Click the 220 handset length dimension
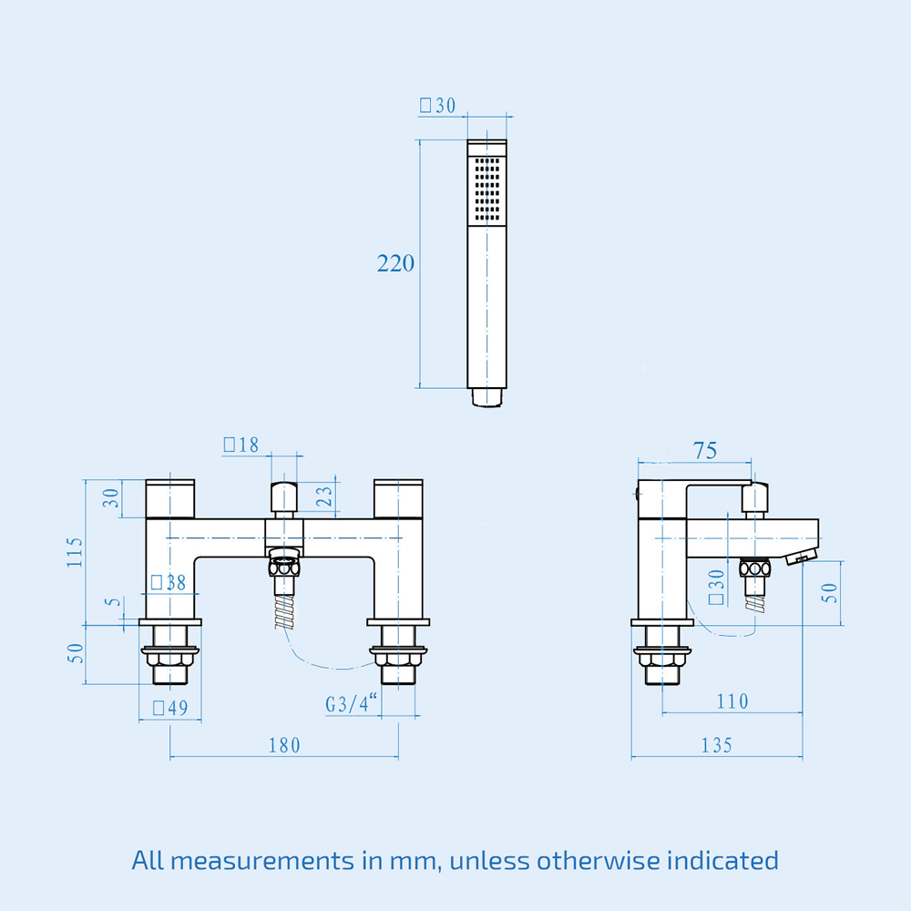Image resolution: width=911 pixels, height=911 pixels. (x=395, y=264)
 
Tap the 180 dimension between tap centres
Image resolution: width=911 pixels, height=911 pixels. (x=283, y=745)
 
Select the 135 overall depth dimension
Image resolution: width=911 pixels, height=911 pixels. (x=716, y=745)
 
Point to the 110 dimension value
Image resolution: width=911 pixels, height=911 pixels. (x=732, y=701)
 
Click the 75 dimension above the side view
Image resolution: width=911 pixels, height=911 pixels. (x=704, y=450)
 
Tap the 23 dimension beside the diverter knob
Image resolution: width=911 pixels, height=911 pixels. (x=323, y=497)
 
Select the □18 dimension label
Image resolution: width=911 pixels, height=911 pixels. (x=241, y=445)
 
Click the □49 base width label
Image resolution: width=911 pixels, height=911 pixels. (x=169, y=708)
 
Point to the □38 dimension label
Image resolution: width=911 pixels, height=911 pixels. (x=168, y=583)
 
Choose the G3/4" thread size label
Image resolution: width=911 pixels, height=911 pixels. (x=352, y=704)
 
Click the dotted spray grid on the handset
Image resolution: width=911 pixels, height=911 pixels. (x=486, y=189)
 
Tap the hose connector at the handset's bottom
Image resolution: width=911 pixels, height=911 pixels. (x=486, y=398)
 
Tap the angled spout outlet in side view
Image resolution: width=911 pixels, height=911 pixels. (x=800, y=556)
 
